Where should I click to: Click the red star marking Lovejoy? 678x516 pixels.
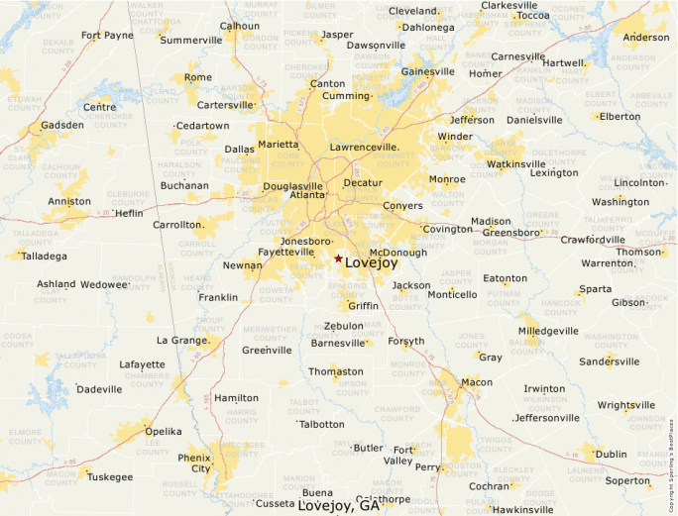338,258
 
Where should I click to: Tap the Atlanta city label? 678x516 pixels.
307,195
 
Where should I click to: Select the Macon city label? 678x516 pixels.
477,382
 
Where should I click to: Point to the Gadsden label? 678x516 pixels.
61,126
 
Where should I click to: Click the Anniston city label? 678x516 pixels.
68,202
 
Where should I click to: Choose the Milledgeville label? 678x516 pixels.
548,331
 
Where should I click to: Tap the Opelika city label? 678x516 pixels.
164,432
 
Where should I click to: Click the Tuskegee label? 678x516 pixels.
110,477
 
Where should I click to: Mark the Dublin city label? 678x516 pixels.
611,455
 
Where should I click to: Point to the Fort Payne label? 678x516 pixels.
107,36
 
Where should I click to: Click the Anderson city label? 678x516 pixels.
645,38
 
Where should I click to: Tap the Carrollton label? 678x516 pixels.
176,225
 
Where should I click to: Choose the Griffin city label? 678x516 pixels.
363,306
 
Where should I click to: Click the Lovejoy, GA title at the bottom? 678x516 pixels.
339,506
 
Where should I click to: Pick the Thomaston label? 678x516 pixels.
336,372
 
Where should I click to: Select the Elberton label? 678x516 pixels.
620,116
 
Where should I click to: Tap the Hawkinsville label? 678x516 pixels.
522,510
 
